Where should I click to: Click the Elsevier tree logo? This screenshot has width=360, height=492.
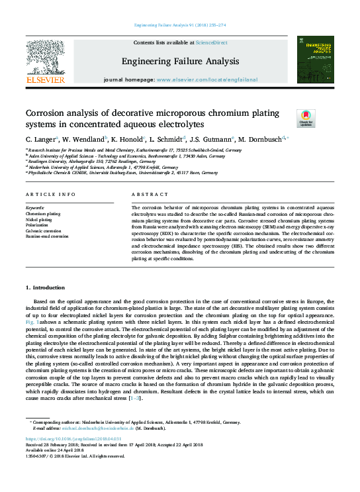(x=45, y=58)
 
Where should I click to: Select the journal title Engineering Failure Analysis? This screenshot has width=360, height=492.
(x=179, y=62)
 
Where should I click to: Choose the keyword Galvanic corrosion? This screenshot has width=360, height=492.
(x=42, y=231)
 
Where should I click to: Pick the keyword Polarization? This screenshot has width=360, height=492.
(x=37, y=225)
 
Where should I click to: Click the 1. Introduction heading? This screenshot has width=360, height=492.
(x=45, y=288)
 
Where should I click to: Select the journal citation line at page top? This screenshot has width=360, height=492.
(x=180, y=25)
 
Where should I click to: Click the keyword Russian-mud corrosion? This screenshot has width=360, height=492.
(x=47, y=236)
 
